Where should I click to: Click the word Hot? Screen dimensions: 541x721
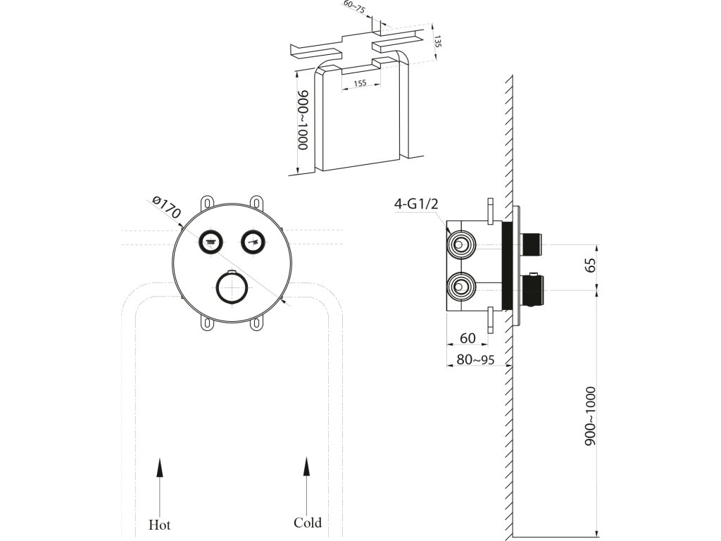coord(159,525)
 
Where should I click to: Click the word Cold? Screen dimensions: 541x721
coord(307,523)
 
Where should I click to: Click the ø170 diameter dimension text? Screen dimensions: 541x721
coord(167,209)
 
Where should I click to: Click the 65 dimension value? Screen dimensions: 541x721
coord(591,266)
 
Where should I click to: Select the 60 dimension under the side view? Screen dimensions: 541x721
coord(468,339)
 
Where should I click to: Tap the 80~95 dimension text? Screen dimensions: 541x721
coord(475,359)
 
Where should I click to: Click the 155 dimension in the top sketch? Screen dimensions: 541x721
coord(359,83)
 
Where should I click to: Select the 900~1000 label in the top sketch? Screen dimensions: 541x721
coord(303,120)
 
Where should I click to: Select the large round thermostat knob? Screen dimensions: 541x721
coord(232,287)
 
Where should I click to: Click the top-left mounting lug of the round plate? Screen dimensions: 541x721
coord(207,203)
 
